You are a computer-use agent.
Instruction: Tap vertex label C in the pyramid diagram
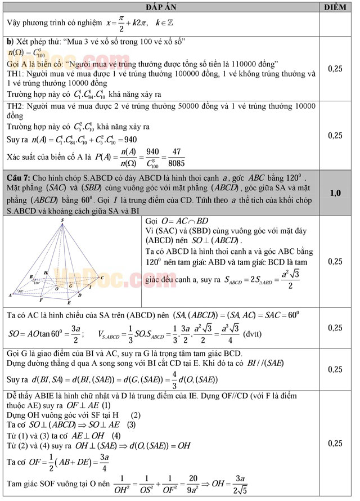click(x=102, y=278)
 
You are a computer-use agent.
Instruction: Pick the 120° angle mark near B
click(x=37, y=282)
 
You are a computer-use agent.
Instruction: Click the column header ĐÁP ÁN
click(x=162, y=6)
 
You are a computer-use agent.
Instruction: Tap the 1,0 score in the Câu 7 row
click(x=335, y=193)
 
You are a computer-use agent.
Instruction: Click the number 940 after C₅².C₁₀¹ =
click(x=129, y=139)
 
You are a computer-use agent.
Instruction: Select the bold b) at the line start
click(x=10, y=42)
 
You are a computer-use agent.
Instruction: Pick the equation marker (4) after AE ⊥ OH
click(x=115, y=436)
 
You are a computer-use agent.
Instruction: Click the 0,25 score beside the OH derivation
click(x=335, y=444)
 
